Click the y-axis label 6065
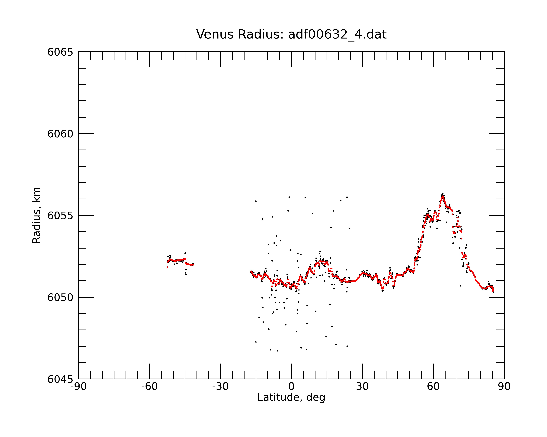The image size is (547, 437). coord(60,52)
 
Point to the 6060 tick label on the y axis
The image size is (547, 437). coord(60,134)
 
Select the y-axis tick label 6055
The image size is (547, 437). coord(60,216)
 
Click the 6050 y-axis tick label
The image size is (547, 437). coord(60,297)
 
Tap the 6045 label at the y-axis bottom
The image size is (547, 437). coord(60,379)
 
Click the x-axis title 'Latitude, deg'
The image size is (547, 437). coord(291,398)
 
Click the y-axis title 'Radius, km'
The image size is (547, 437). coord(36,215)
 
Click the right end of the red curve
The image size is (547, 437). coord(493,292)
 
